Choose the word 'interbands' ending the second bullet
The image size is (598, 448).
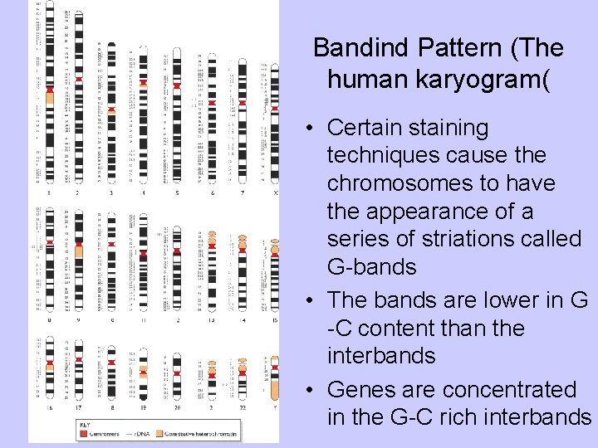(x=381, y=356)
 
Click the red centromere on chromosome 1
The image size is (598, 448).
(x=50, y=89)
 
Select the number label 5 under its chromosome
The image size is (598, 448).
(x=176, y=192)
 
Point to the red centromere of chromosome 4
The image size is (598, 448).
(x=144, y=82)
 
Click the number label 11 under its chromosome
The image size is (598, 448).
(x=144, y=319)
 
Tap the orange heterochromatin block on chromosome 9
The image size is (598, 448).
(x=79, y=250)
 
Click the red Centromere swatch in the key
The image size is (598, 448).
(x=84, y=433)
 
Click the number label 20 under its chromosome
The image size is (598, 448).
(x=176, y=408)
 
